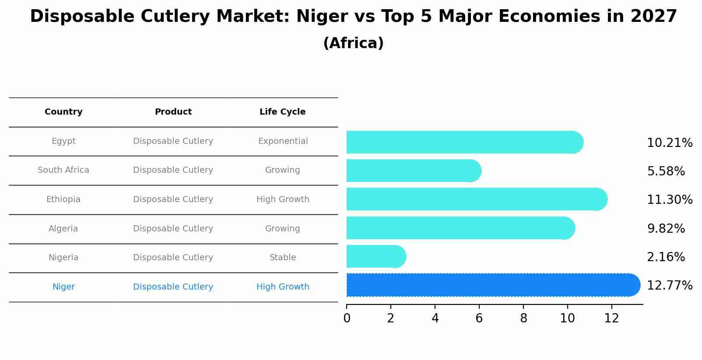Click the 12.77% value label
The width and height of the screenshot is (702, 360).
[x=669, y=286]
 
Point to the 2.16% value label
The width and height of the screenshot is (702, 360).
[x=665, y=257]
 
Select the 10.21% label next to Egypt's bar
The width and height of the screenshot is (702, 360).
[x=669, y=143]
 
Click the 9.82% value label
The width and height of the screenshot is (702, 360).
[x=665, y=229]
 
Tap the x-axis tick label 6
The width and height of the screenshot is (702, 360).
[x=479, y=318]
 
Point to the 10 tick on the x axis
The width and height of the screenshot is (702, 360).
[x=567, y=318]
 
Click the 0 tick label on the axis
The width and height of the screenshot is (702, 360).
[x=347, y=318]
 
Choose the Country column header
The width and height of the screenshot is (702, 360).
[x=63, y=112]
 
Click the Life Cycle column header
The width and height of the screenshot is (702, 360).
[x=282, y=112]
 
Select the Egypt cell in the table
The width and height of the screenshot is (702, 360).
[x=63, y=141]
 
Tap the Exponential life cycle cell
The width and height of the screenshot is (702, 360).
[x=283, y=141]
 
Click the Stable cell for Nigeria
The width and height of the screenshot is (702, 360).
[x=283, y=258]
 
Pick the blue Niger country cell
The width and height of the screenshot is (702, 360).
[x=63, y=287]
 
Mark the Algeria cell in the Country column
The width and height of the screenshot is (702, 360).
[x=63, y=229]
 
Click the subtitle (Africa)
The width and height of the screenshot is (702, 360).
[x=353, y=43]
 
